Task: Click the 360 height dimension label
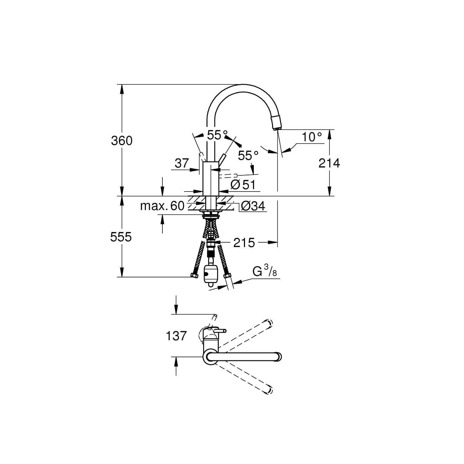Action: tap(122, 141)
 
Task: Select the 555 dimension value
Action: tap(121, 237)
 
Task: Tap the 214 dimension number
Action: tap(329, 163)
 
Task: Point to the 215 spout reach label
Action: tap(244, 243)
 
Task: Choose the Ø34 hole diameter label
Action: tap(253, 206)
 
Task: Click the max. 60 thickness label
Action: tap(162, 206)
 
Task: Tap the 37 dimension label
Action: tap(182, 163)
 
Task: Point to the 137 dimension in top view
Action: tap(176, 336)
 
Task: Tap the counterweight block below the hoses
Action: tap(210, 274)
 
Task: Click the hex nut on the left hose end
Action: tap(194, 275)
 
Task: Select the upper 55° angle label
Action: tap(217, 135)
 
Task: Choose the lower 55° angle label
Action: tap(248, 155)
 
